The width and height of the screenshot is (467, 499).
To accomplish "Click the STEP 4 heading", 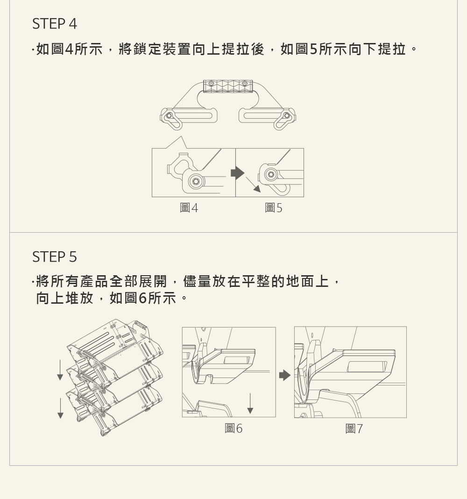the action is [54, 24].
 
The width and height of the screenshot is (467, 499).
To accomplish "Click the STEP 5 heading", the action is [54, 257].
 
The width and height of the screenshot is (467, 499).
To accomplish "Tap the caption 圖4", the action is [189, 208].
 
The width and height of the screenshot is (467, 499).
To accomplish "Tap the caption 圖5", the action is [274, 208].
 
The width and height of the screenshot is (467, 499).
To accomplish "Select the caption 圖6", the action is [233, 428].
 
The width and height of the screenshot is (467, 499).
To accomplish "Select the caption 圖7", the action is [354, 428].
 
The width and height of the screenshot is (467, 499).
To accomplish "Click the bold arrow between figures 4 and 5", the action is [238, 173].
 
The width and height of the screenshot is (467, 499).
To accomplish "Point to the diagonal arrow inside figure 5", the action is [253, 185].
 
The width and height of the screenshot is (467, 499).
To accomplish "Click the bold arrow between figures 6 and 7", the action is [285, 375].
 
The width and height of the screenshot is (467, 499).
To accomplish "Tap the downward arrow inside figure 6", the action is [250, 404].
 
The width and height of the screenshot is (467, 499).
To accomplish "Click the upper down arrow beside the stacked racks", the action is [60, 370].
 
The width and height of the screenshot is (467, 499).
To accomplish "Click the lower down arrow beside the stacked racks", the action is [60, 408].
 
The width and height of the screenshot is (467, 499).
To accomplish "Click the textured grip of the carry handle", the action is [228, 86].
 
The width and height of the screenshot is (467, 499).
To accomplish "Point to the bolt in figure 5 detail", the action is [271, 174].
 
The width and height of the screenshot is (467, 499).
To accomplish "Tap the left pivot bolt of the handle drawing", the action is [170, 115].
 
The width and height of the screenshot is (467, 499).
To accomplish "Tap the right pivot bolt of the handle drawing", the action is [287, 115].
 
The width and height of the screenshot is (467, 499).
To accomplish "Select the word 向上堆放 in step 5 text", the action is [64, 298].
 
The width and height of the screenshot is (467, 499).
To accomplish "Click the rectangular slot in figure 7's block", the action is [367, 366].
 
